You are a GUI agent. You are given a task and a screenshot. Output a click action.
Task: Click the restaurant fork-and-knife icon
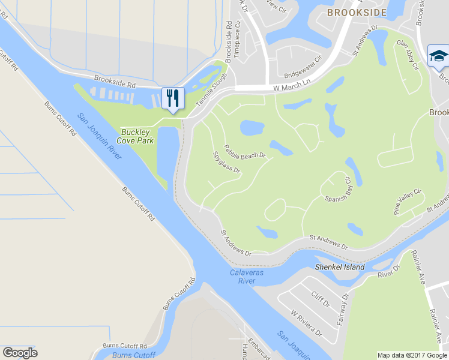(173, 97)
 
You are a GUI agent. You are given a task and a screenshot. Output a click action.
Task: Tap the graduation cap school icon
(438, 56)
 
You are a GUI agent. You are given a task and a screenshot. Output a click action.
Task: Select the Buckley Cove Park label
(137, 136)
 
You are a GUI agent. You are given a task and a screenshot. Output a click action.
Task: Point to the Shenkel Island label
(339, 266)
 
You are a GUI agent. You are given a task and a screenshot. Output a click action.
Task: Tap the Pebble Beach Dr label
(245, 151)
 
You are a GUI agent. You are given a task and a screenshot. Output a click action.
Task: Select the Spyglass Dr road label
(226, 162)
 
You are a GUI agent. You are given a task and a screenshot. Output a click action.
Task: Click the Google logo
(20, 352)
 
